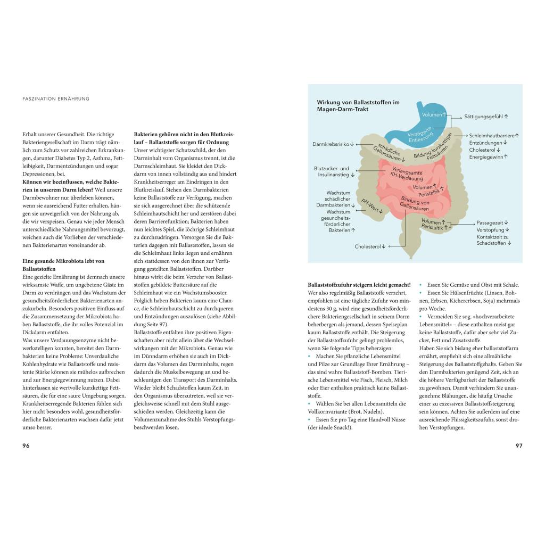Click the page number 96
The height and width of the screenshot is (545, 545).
[26, 445]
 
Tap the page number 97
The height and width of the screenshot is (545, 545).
[519, 445]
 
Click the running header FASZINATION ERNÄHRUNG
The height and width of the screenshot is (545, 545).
[56, 98]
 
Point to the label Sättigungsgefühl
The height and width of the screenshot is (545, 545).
[486, 116]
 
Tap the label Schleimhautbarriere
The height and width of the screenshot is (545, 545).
[494, 136]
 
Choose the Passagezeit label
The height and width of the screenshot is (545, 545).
[492, 222]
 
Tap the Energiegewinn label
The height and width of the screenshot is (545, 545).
[488, 156]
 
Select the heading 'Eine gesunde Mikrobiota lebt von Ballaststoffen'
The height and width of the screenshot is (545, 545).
[63, 265]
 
